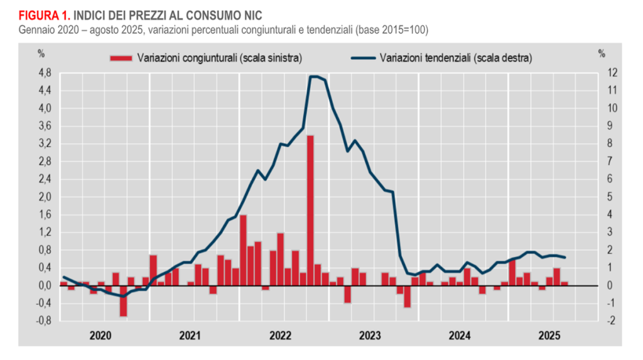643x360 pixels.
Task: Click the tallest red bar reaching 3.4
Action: pos(310,210)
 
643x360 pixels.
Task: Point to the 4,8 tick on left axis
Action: pos(45,73)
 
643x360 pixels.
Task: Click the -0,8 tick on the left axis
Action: pos(43,321)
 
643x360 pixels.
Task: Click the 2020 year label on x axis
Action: pos(101,335)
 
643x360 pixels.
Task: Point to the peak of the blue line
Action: pos(314,77)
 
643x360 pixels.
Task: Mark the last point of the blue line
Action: pos(565,257)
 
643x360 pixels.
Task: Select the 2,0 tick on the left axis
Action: pos(45,197)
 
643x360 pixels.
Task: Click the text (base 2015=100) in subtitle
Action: pos(391,30)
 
